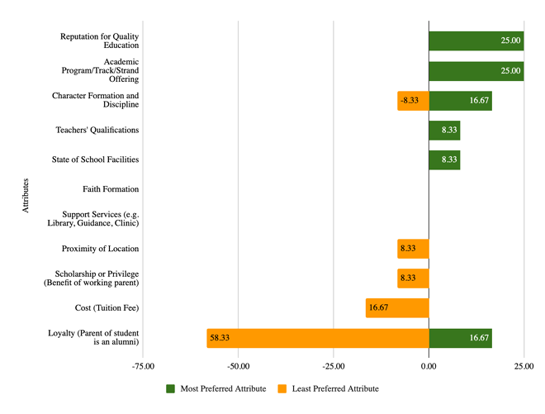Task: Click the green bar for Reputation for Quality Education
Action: click(x=476, y=41)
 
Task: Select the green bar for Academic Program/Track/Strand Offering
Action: click(x=476, y=71)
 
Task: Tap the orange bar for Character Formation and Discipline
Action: click(x=413, y=101)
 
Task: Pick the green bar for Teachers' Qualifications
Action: click(x=444, y=130)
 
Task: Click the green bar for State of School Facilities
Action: click(x=444, y=160)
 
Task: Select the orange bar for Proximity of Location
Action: click(x=413, y=249)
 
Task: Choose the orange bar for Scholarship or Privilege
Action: click(x=413, y=278)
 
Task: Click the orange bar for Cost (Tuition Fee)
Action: click(x=397, y=308)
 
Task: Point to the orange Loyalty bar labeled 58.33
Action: click(x=317, y=338)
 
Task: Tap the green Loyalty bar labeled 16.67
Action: click(x=460, y=338)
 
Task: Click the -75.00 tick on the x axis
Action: click(x=143, y=366)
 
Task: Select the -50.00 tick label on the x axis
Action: click(x=238, y=366)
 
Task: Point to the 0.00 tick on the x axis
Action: click(x=429, y=366)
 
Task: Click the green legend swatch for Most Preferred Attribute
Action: click(x=170, y=389)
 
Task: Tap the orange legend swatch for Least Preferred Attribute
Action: click(x=282, y=389)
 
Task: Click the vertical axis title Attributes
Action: click(x=26, y=195)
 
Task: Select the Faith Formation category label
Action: click(x=110, y=189)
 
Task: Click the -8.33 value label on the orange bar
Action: click(x=409, y=101)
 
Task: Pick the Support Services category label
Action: click(x=93, y=219)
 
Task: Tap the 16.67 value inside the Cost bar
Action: click(x=379, y=308)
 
